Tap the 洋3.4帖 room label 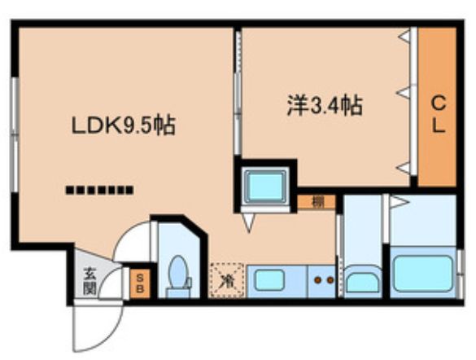pos(323,105)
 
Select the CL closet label pos(438,113)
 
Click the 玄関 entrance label pos(89,282)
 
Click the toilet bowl pos(177,272)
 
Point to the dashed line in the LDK pos(98,191)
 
